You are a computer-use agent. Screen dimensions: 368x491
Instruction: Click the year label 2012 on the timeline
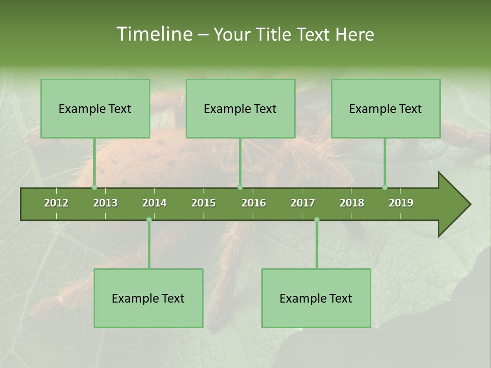click(x=56, y=203)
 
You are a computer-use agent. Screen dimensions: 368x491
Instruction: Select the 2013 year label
click(x=105, y=203)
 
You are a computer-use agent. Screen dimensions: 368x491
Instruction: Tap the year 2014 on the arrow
click(x=154, y=203)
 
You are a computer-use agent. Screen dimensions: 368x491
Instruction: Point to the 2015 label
click(x=204, y=203)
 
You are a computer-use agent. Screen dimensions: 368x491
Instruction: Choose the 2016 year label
click(x=254, y=203)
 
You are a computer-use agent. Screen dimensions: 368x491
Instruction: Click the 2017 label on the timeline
click(x=303, y=203)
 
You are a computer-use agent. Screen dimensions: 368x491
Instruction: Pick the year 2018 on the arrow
click(x=352, y=203)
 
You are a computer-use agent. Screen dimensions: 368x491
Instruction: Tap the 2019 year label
click(x=401, y=203)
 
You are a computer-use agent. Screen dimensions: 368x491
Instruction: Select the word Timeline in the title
click(x=153, y=34)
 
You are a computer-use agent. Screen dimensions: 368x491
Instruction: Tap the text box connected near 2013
click(x=95, y=108)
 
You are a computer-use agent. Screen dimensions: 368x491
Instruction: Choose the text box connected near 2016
click(x=240, y=108)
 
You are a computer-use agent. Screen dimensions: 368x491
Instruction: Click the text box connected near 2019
click(x=386, y=108)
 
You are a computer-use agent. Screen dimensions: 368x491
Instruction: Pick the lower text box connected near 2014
click(x=148, y=298)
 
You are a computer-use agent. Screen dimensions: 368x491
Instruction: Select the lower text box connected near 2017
click(x=316, y=298)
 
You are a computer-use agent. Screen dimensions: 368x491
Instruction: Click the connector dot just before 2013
click(x=94, y=187)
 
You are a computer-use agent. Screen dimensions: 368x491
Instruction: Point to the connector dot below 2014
click(x=149, y=220)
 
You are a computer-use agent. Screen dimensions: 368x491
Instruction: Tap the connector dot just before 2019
click(x=385, y=187)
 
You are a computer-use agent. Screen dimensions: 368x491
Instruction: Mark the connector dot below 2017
click(x=317, y=220)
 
